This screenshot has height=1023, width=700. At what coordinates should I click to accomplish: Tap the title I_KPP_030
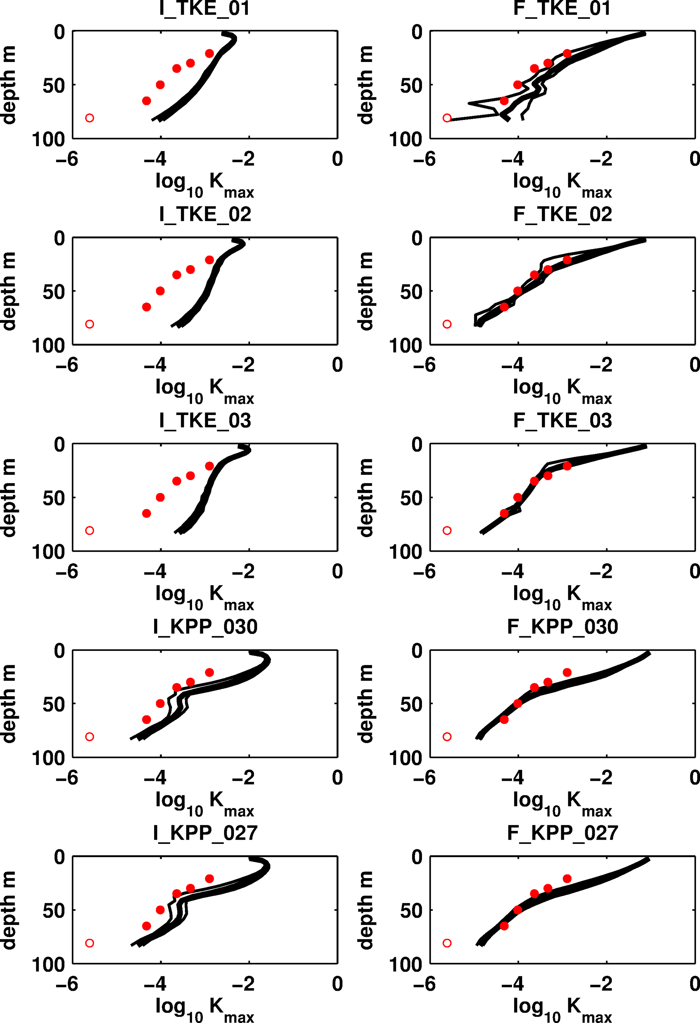click(205, 626)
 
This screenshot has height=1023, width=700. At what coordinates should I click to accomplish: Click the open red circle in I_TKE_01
click(89, 118)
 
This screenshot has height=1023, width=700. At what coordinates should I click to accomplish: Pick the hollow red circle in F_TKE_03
click(447, 530)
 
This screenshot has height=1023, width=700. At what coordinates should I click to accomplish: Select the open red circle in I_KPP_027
click(89, 943)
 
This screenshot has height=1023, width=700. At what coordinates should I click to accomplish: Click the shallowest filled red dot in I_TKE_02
click(209, 260)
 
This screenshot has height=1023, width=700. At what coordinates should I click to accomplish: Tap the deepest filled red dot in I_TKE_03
click(147, 513)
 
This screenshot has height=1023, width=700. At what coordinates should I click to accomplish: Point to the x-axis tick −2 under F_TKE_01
click(601, 159)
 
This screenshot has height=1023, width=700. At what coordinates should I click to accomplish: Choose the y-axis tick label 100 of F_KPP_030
click(405, 758)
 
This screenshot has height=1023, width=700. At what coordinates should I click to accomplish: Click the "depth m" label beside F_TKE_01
click(366, 85)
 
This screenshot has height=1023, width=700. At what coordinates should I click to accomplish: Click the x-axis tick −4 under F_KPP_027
click(513, 984)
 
